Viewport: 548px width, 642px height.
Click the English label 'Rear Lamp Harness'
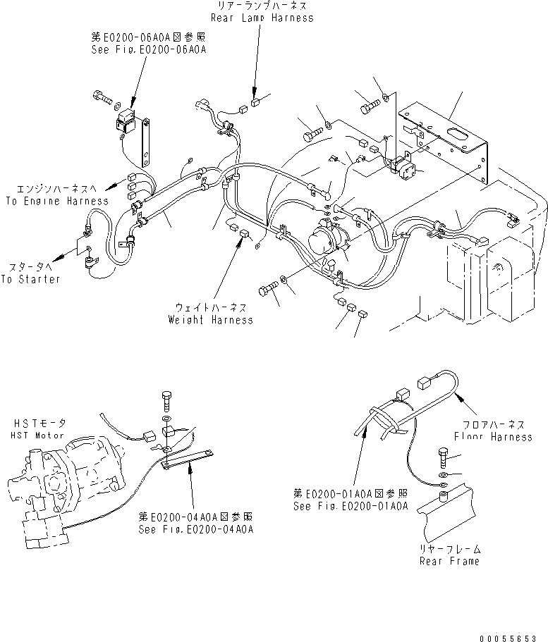[261, 18]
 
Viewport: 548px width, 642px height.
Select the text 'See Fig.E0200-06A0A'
[143, 50]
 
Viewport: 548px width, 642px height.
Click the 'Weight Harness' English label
[210, 320]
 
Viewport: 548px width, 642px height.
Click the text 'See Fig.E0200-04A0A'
[196, 529]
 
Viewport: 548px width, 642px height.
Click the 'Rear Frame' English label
[449, 561]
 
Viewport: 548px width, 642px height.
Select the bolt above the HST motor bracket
[166, 400]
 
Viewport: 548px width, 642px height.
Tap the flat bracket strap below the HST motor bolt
[193, 460]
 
